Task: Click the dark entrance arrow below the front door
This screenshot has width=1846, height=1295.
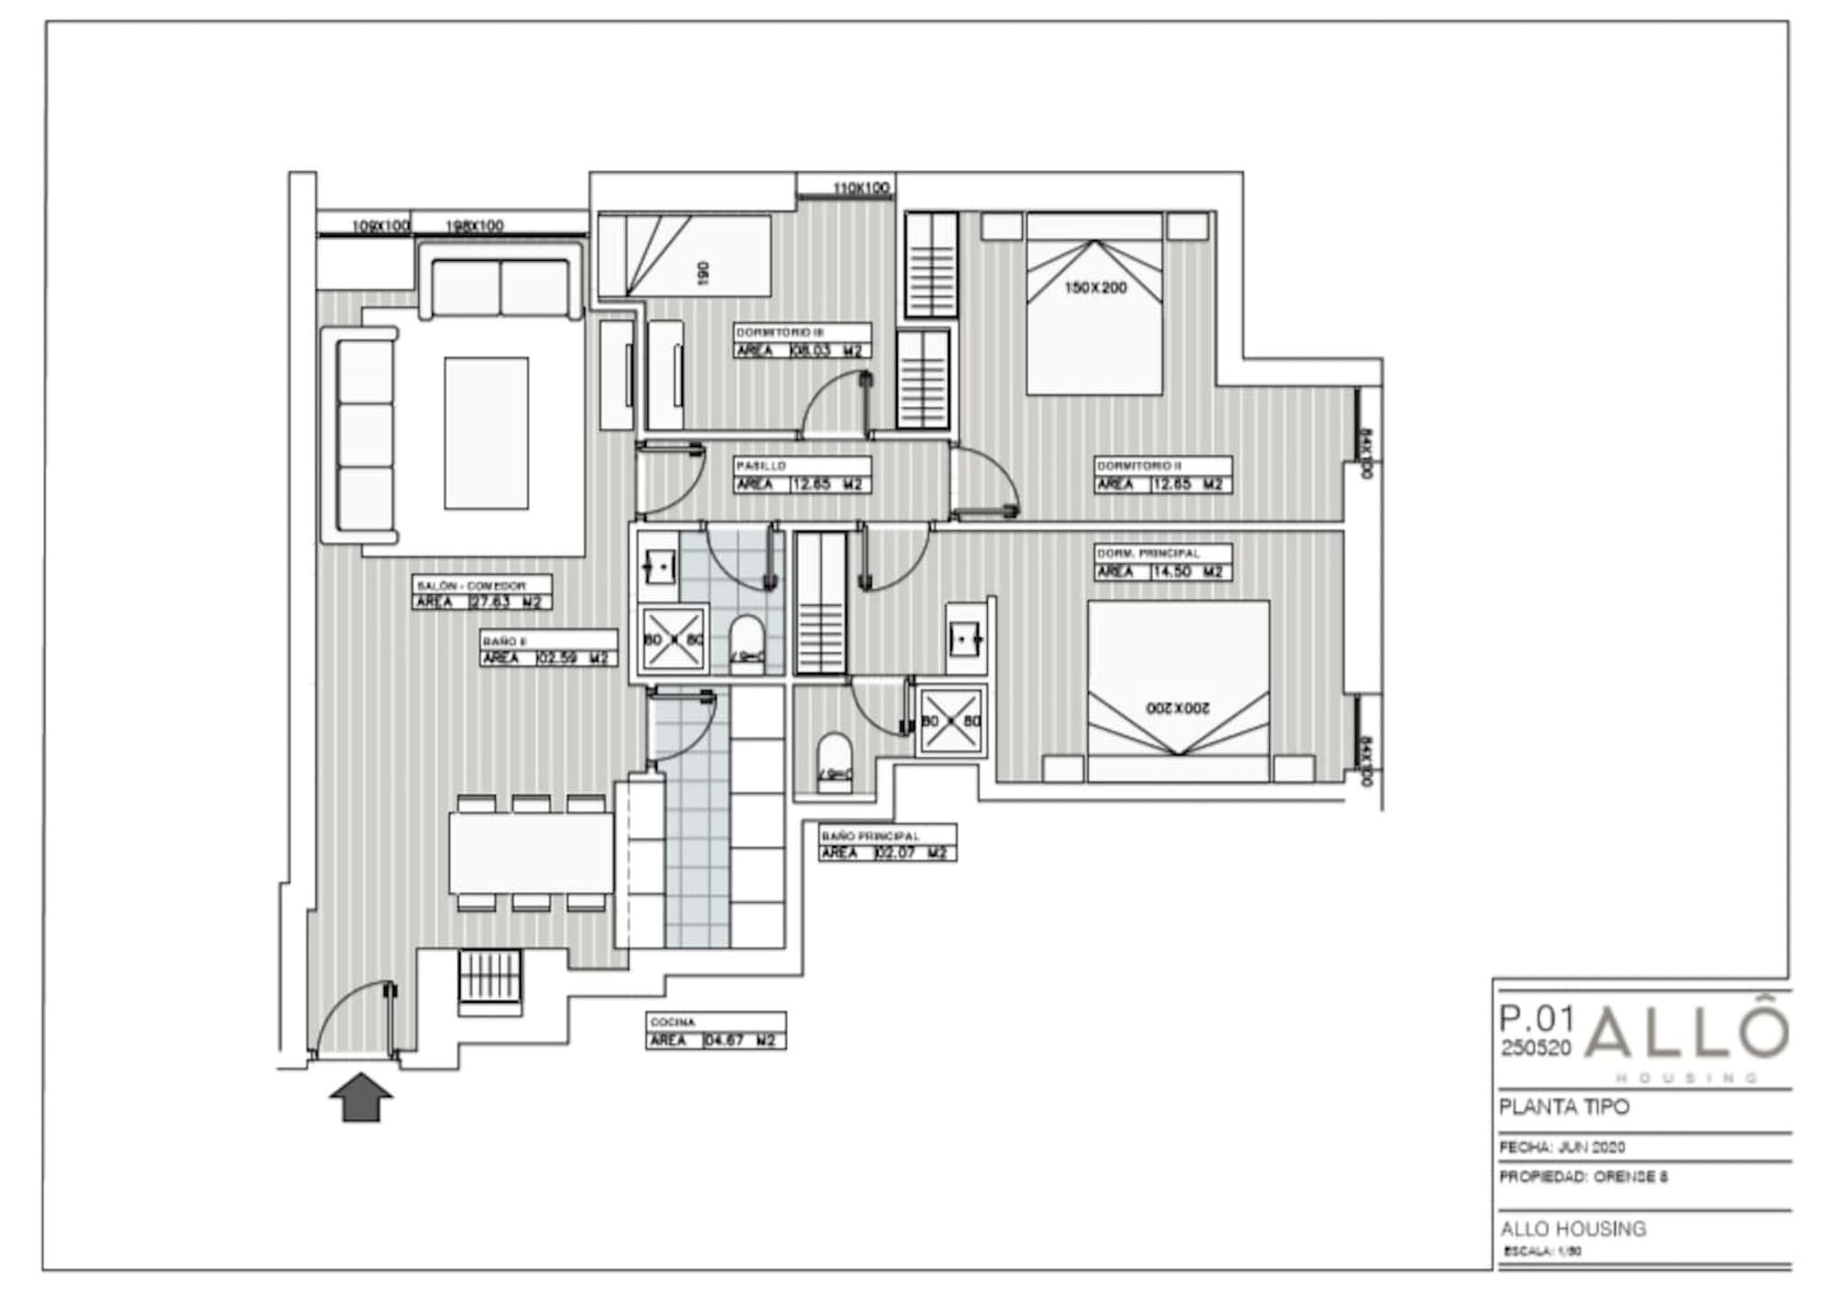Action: click(x=361, y=1098)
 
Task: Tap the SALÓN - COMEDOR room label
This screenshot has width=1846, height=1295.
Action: click(x=471, y=585)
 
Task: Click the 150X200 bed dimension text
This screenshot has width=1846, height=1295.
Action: click(x=1095, y=288)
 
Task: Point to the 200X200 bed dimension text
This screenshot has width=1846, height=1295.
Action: click(x=1178, y=709)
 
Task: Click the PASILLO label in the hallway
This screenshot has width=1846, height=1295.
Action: click(x=762, y=466)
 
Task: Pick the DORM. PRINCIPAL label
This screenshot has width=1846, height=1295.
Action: click(x=1147, y=553)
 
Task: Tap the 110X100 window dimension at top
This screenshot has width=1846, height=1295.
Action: click(x=861, y=188)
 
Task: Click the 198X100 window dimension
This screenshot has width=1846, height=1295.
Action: click(x=475, y=225)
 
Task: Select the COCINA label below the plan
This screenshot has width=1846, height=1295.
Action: click(x=672, y=1023)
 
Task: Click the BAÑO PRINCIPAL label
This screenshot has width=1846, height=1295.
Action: click(x=870, y=836)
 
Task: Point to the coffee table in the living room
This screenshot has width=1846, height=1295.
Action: click(x=486, y=433)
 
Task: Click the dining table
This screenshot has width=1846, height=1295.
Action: click(x=531, y=852)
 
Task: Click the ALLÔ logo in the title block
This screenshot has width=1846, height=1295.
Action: click(x=1686, y=1034)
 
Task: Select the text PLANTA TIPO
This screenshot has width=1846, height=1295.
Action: click(x=1564, y=1107)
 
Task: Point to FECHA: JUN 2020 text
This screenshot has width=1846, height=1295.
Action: click(x=1562, y=1147)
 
